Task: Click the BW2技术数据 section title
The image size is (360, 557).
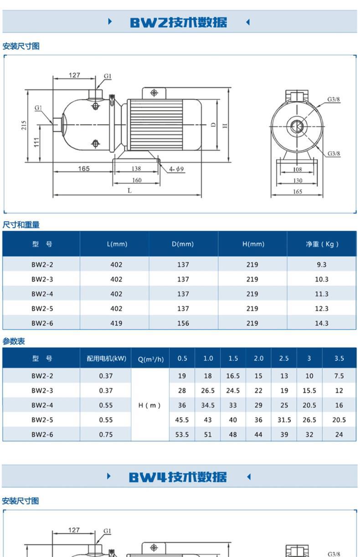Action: coord(178,22)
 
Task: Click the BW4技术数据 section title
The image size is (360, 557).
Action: coord(178,477)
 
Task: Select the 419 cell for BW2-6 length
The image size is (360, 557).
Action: coord(116,323)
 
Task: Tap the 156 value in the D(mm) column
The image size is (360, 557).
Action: coord(183,323)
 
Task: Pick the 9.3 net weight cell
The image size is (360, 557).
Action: coord(321,265)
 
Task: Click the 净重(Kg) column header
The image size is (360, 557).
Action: coord(322,244)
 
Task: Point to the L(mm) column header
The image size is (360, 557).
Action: coord(117,244)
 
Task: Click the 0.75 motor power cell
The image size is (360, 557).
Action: coord(106,434)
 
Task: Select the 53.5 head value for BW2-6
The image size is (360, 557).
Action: coord(182,434)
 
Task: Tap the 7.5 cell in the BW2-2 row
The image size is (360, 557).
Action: coord(339,376)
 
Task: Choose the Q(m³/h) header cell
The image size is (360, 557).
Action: coord(150,359)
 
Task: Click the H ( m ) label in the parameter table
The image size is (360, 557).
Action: coord(150,405)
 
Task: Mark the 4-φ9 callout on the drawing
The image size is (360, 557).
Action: coord(177,169)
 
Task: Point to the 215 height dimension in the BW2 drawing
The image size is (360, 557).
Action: coord(24,125)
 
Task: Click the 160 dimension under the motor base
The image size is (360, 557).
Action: coord(137,180)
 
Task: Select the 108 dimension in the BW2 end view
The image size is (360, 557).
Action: coord(297,169)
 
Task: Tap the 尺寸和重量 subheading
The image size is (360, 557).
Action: coord(21,225)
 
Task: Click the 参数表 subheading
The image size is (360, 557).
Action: coord(14,342)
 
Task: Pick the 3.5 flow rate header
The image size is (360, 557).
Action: coord(339,358)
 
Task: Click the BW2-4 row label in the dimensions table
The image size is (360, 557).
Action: coord(42,294)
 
